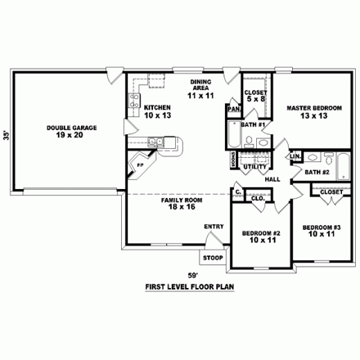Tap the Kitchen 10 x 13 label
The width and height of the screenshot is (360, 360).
pos(155,111)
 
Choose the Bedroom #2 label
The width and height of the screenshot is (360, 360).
pos(262,237)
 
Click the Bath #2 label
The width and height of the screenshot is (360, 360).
pos(317,173)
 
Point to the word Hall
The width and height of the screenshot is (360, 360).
pos(273,179)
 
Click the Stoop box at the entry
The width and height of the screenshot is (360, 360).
pos(213,257)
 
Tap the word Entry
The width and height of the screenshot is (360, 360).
pos(214,227)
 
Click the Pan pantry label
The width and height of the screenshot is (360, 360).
pos(233,108)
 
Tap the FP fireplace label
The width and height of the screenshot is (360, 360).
pos(140,164)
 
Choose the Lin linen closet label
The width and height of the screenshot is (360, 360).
pos(295,155)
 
